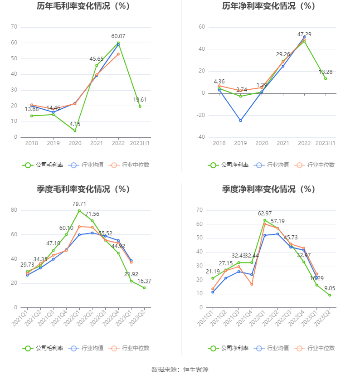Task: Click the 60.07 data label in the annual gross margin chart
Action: (118, 36)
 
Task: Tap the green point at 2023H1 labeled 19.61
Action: (140, 106)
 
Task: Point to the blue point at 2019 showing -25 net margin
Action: (240, 121)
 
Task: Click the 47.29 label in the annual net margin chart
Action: (305, 34)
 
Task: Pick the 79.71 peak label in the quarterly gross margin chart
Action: (79, 204)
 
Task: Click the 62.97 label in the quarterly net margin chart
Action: (265, 214)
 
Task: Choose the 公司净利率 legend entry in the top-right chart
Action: (229, 165)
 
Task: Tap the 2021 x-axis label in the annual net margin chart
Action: (283, 143)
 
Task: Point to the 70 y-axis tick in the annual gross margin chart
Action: (14, 27)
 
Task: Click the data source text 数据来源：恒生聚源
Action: (180, 369)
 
